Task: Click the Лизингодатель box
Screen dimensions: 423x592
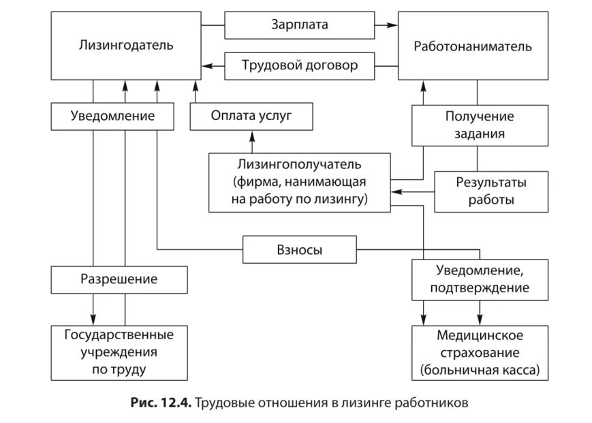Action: click(x=126, y=46)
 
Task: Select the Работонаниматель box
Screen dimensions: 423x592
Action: click(x=473, y=46)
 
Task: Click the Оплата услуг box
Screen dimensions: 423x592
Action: click(x=251, y=116)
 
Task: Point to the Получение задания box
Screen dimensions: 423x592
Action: click(x=480, y=125)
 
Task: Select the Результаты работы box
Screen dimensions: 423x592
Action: click(x=491, y=191)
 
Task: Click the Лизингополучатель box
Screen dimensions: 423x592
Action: click(x=300, y=182)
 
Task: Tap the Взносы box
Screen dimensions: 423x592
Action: click(x=300, y=250)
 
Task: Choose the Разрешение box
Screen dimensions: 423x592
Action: click(x=119, y=279)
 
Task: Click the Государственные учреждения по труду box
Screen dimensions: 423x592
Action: click(x=119, y=352)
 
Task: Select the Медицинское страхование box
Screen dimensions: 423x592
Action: click(x=480, y=352)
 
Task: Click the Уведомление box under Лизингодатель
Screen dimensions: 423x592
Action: click(x=112, y=116)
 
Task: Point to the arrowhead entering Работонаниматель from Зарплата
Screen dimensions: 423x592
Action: click(x=392, y=25)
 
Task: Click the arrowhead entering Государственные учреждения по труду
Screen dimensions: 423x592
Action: click(x=93, y=320)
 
